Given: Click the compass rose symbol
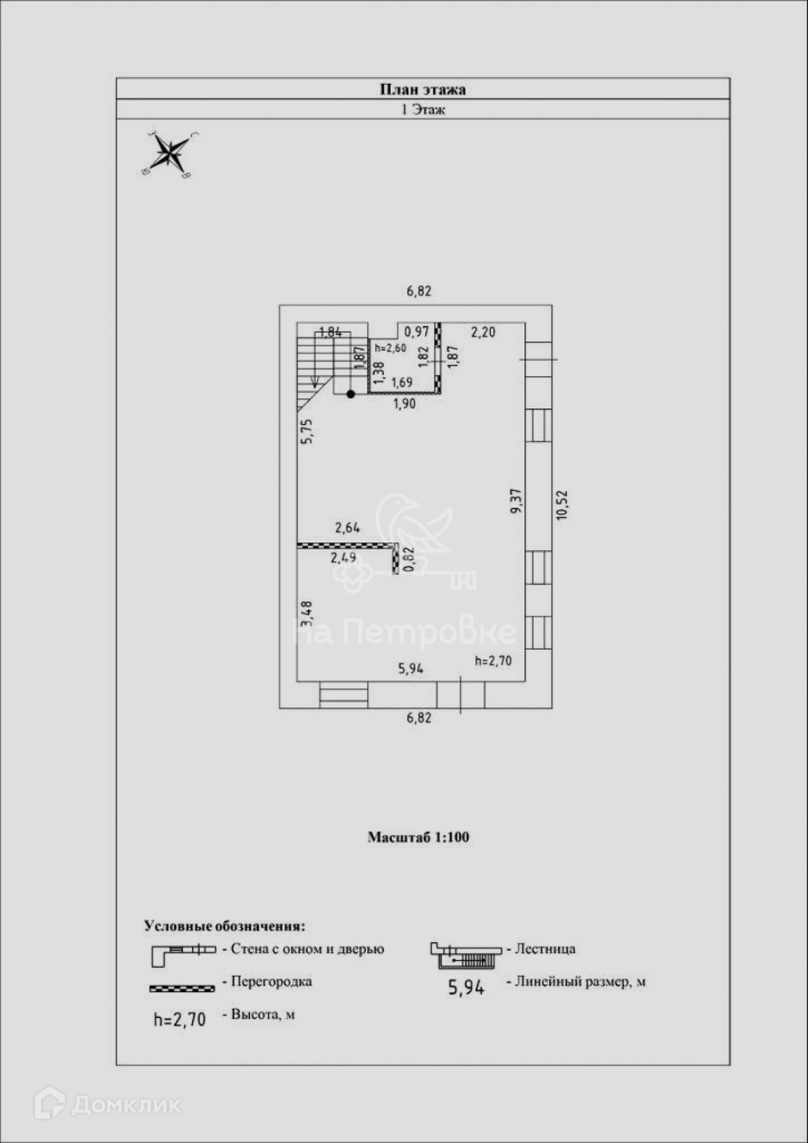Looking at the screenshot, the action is pyautogui.click(x=169, y=154).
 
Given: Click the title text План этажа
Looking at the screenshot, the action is pyautogui.click(x=423, y=88).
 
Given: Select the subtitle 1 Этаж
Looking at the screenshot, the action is pyautogui.click(x=423, y=110).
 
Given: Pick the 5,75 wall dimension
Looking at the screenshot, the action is pyautogui.click(x=305, y=431).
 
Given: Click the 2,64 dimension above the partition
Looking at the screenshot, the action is pyautogui.click(x=347, y=529).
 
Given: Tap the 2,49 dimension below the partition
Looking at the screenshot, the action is pyautogui.click(x=345, y=558).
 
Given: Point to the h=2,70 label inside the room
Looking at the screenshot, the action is pyautogui.click(x=494, y=662).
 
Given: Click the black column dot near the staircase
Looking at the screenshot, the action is pyautogui.click(x=351, y=393).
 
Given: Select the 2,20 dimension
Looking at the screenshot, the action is pyautogui.click(x=483, y=332).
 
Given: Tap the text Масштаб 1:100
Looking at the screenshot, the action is pyautogui.click(x=419, y=838).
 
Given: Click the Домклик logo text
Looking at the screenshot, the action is pyautogui.click(x=125, y=1105).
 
